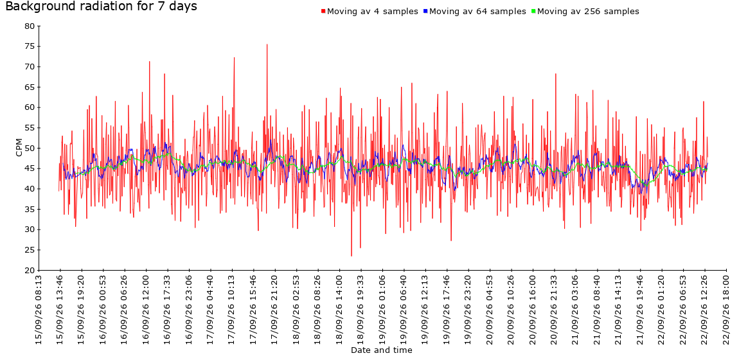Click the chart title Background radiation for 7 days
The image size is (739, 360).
(x=101, y=6)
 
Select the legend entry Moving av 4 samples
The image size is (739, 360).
(x=372, y=12)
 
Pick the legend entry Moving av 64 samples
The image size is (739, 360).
(x=477, y=12)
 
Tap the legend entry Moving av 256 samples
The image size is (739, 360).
(x=588, y=12)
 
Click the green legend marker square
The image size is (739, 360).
(x=533, y=12)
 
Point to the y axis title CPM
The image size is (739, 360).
(x=19, y=147)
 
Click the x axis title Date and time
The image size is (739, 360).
(x=381, y=350)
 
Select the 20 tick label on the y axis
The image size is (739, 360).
(x=29, y=271)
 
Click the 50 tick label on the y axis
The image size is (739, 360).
(x=29, y=148)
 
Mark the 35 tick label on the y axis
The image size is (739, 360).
(x=29, y=209)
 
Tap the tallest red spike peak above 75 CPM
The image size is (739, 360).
(x=267, y=44)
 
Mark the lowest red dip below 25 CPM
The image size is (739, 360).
(x=351, y=256)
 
